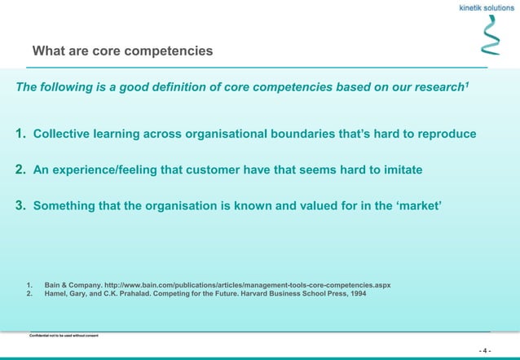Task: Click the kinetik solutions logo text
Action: click(483, 7)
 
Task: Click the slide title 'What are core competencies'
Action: click(122, 51)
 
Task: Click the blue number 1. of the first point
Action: click(22, 134)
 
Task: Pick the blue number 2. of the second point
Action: click(22, 169)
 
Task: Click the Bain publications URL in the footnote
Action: click(250, 285)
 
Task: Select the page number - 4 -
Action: click(485, 351)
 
